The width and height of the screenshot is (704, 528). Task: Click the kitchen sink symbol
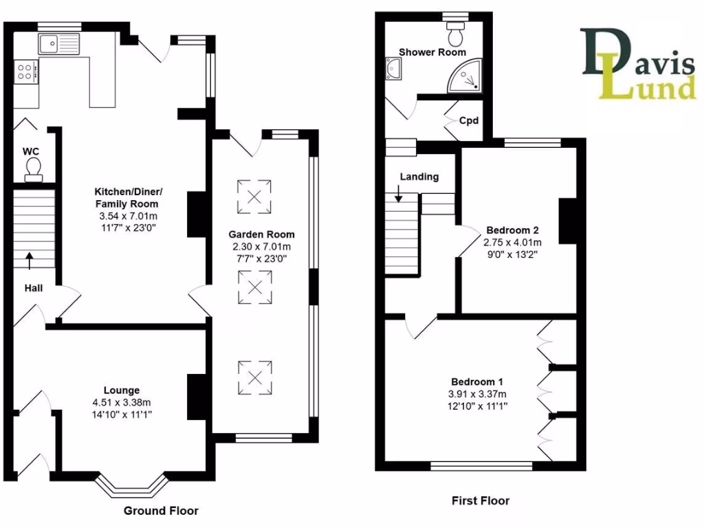(x=60, y=45)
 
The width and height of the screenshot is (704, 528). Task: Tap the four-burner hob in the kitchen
(x=25, y=71)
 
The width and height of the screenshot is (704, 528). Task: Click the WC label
(x=30, y=151)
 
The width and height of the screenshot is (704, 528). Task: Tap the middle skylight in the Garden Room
(x=254, y=287)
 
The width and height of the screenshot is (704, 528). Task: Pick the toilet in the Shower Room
(x=456, y=32)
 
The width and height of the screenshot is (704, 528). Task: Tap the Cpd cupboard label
(x=469, y=119)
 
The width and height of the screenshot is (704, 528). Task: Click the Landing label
(x=419, y=177)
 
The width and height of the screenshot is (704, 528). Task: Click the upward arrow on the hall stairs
(x=30, y=259)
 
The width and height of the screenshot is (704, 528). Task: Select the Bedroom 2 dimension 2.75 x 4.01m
(x=513, y=242)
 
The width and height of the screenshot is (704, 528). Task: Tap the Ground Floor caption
(x=161, y=511)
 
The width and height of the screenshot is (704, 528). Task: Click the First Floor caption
(x=481, y=500)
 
